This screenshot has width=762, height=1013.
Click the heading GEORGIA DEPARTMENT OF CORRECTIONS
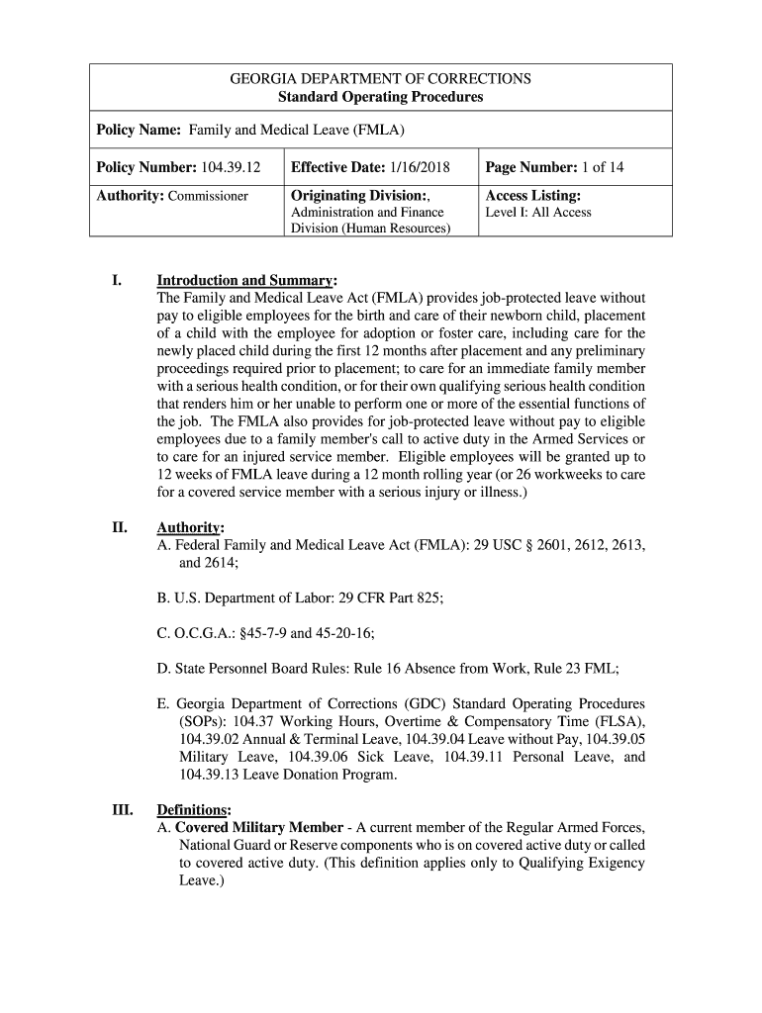381,79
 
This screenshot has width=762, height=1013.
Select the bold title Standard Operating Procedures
381,97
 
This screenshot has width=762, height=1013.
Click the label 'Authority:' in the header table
130,195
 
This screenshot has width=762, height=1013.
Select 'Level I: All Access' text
538,212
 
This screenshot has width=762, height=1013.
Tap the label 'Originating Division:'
357,195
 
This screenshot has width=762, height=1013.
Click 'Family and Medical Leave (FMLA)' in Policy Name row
297,130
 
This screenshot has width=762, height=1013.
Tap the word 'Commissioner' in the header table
208,196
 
